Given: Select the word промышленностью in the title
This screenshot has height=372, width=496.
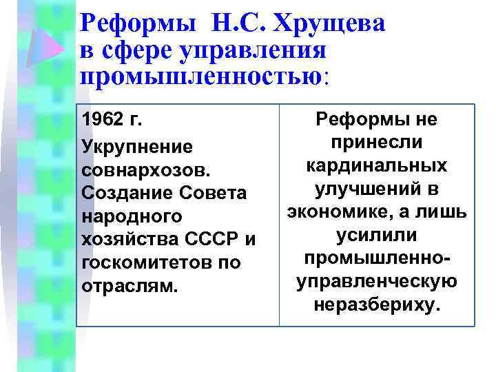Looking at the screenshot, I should pos(200,74).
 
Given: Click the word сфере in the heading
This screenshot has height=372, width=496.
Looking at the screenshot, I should pos(134,50).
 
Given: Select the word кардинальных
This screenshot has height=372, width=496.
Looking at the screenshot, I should pos(375,166).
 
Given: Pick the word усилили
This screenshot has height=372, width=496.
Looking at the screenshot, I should pos(375,236).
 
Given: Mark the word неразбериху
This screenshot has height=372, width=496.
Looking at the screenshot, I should pos(375,305).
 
